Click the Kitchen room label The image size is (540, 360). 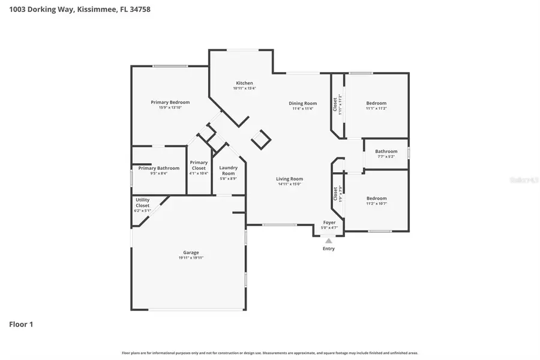(x=244, y=83)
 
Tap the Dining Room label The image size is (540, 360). (x=303, y=103)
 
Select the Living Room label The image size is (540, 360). (x=289, y=179)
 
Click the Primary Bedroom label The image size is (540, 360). (x=170, y=102)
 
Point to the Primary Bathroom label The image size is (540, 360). (x=158, y=168)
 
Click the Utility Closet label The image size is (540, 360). (x=142, y=202)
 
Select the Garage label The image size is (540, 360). (x=191, y=253)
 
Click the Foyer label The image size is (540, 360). (x=329, y=223)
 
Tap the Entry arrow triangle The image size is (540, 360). (x=328, y=241)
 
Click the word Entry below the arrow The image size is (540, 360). (x=329, y=248)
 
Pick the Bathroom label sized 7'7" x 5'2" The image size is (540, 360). (x=386, y=151)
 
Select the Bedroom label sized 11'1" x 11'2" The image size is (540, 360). (x=376, y=103)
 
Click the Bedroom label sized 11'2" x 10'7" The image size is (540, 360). (x=376, y=198)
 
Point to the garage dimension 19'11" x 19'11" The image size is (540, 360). (x=191, y=258)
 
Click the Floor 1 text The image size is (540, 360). (x=21, y=325)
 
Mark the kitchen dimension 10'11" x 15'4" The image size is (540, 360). (x=244, y=89)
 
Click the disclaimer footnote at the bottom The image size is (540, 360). (x=270, y=353)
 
